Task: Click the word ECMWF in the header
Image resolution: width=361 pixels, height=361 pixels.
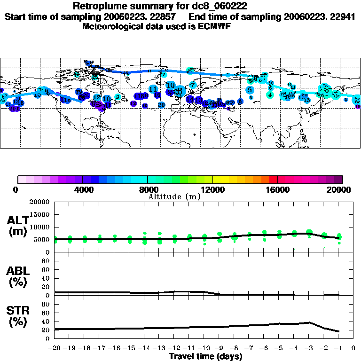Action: tap(215, 26)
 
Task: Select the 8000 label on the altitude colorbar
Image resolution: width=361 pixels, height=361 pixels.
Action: tap(148, 189)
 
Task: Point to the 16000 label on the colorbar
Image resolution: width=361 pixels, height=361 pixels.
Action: tap(278, 189)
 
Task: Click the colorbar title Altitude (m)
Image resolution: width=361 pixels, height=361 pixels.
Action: tap(174, 196)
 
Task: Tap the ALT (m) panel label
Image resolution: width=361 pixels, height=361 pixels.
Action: tap(17, 226)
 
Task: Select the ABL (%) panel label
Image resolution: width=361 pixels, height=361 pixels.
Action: tap(17, 276)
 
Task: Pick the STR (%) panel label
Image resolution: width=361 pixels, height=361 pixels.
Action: tap(17, 316)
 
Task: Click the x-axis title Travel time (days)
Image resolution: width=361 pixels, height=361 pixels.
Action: tap(205, 356)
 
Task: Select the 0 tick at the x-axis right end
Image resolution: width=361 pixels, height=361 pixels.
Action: tap(353, 349)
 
